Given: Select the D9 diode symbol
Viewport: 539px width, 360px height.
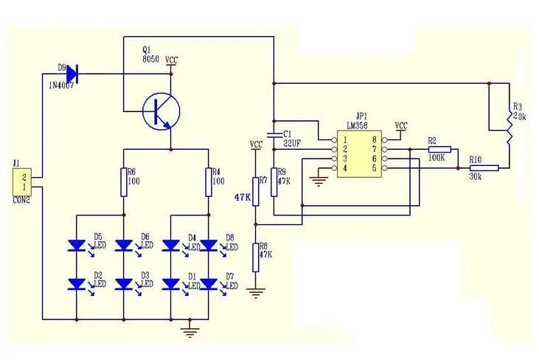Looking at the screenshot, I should (72, 73).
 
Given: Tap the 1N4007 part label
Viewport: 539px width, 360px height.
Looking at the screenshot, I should (64, 86).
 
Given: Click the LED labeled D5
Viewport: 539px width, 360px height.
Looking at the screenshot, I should (78, 244).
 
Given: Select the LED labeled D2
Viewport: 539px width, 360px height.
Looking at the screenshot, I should (78, 283).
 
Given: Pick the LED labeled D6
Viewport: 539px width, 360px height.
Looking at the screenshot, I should (124, 244).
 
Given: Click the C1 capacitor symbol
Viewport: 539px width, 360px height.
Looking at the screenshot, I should (273, 134).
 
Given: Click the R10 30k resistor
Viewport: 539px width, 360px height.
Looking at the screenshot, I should (484, 168).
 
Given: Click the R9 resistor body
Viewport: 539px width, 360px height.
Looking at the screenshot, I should (273, 181).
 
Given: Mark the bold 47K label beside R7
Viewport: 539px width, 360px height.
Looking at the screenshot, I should (243, 198).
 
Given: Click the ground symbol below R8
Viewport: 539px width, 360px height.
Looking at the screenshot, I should (255, 293).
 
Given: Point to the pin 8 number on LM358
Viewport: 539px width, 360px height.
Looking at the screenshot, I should (375, 139).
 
